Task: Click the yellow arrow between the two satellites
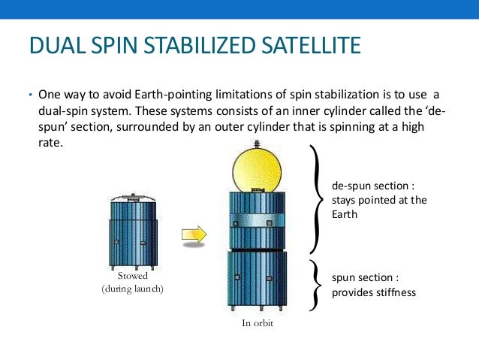pyautogui.click(x=194, y=234)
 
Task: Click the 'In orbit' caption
pyautogui.click(x=257, y=324)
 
